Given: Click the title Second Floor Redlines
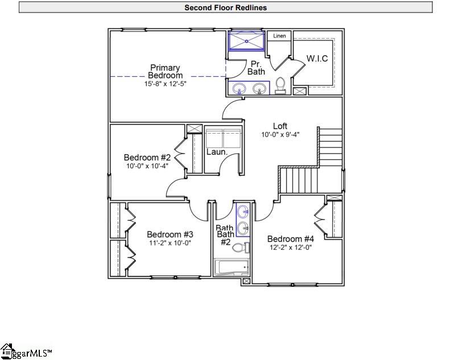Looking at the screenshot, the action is (225, 7).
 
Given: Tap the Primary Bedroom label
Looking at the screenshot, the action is (166, 72).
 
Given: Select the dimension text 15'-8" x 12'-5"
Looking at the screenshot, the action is (166, 84).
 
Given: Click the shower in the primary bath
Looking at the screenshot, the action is (246, 41).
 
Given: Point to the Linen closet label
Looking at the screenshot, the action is (279, 36).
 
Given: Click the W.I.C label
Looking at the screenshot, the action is (317, 59).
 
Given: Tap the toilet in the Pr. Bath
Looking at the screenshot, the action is (280, 86).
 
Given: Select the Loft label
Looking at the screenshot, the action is (280, 126).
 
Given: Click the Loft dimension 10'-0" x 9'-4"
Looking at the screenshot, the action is (280, 135).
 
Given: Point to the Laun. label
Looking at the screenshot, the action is (217, 152).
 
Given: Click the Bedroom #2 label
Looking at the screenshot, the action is (147, 158).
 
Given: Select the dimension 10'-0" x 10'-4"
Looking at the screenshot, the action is (147, 166).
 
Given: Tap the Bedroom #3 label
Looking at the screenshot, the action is (170, 234).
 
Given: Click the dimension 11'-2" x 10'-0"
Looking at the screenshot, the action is (170, 243).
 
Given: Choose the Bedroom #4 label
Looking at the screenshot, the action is (290, 239).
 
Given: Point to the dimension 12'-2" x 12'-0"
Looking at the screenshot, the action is (290, 247).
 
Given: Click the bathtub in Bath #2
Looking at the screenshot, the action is (232, 268).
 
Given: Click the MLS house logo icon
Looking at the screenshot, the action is (6, 351).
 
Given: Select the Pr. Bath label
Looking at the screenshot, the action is (256, 68).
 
